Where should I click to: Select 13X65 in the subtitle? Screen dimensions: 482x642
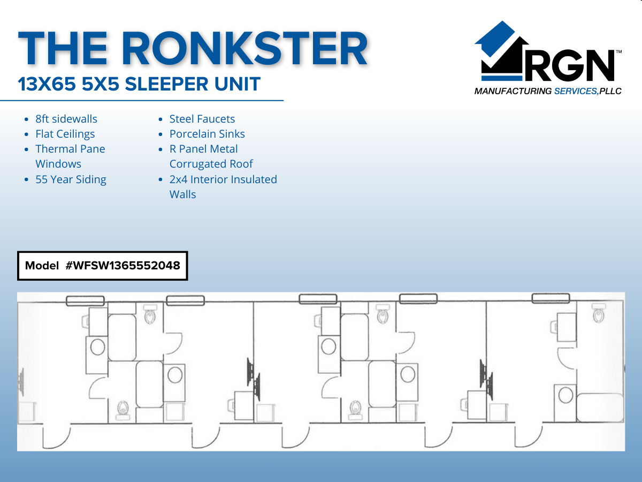(45, 84)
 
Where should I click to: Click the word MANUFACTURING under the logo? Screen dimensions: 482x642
(512, 92)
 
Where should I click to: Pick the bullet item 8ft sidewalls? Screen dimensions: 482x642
(66, 119)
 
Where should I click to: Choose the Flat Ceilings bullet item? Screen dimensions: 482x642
(65, 134)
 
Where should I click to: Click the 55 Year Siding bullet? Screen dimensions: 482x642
(71, 179)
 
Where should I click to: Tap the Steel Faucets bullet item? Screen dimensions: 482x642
(202, 119)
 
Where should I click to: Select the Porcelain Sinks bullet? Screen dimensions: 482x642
(207, 134)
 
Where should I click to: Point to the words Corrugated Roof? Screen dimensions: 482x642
(211, 164)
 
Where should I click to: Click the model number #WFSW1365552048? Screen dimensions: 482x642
(123, 266)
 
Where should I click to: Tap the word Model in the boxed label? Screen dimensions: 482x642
(42, 266)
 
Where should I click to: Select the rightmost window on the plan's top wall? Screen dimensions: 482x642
(550, 298)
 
